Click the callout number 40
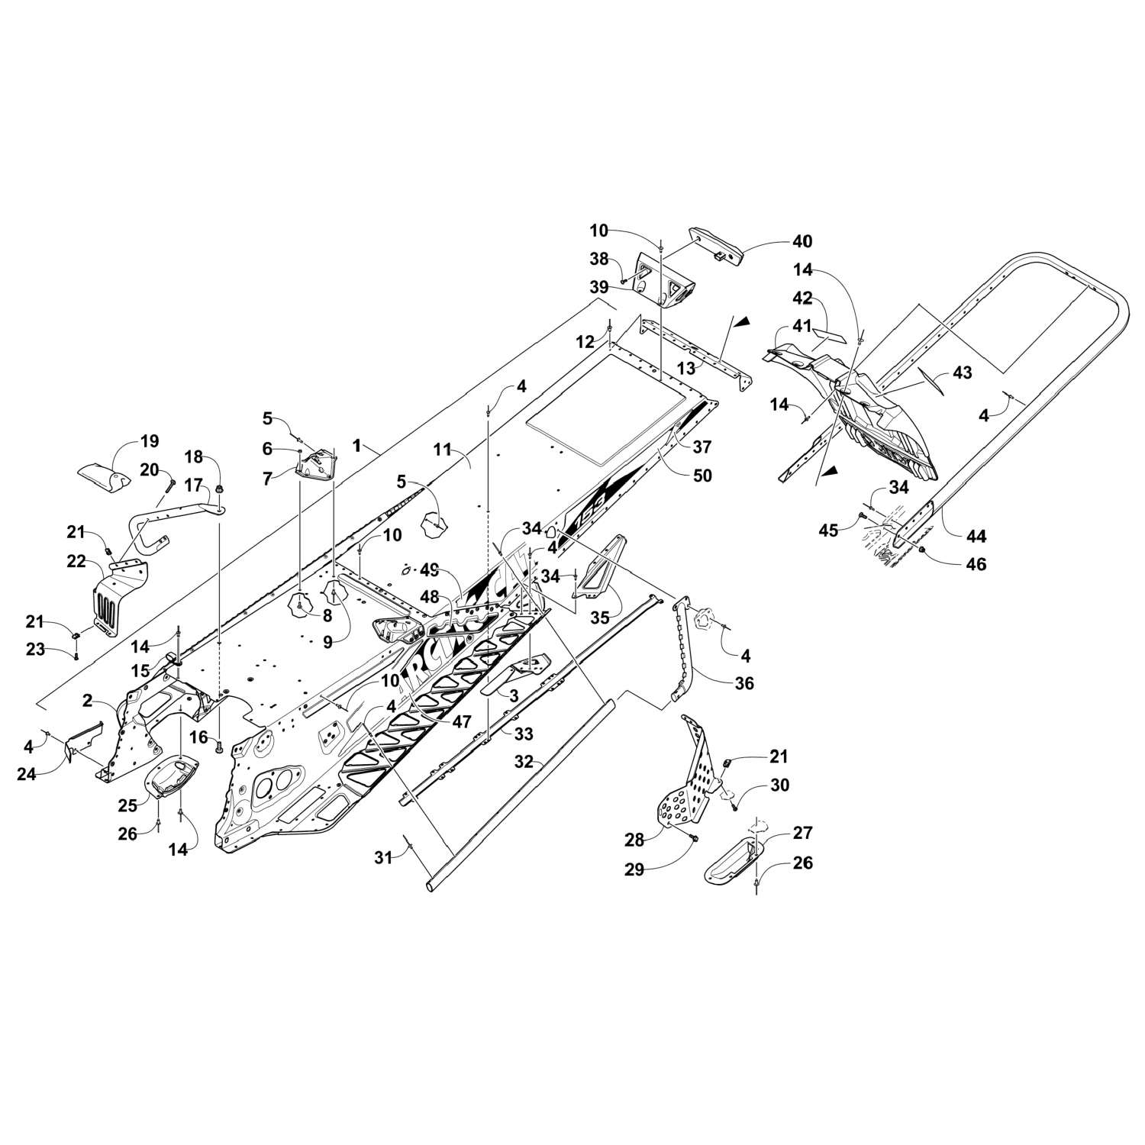tap(801, 242)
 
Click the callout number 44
tap(976, 537)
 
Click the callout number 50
tap(702, 476)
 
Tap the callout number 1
tap(357, 443)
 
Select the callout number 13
tap(686, 368)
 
